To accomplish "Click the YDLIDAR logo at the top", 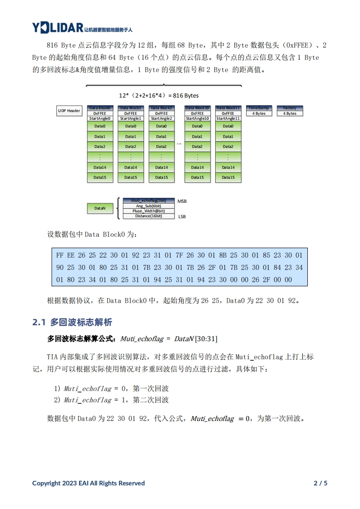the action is point(58,28).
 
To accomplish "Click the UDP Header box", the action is point(69,111).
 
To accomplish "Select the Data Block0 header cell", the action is point(99,108).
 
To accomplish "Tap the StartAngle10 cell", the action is point(197,118).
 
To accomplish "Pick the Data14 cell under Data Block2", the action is point(161,167).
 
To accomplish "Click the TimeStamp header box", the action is point(259,108).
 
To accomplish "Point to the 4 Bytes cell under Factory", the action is point(290,113).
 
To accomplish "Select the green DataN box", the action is point(100,208).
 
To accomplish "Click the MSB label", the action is point(182,201).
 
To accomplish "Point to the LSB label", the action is point(182,217).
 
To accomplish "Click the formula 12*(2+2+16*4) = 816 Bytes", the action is point(158,96).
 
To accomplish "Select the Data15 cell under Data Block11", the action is point(228,177).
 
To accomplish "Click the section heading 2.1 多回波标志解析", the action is point(72,323).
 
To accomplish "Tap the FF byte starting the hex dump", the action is point(60,255).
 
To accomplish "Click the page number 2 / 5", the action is point(321,483).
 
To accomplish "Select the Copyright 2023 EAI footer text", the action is point(89,483).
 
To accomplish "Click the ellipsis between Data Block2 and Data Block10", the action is point(179,143).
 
